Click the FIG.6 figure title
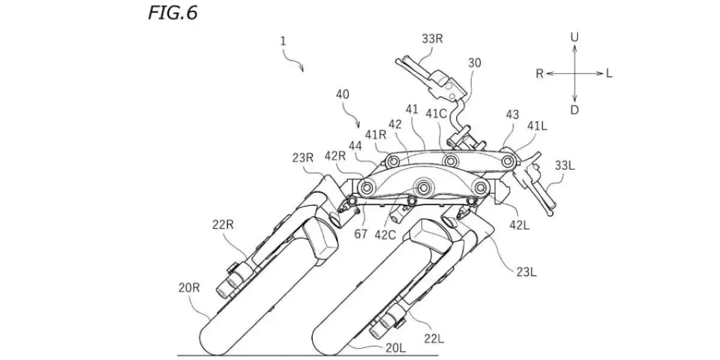click(172, 13)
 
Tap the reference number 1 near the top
click(283, 42)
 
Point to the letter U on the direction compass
click(575, 37)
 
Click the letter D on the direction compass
click(575, 110)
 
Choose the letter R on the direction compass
click(539, 73)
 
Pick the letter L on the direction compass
click(609, 73)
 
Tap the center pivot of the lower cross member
click(425, 188)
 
